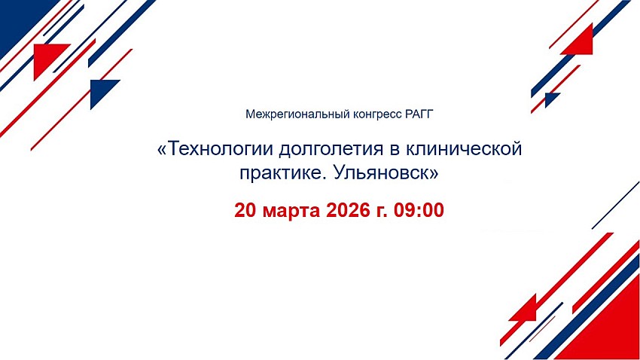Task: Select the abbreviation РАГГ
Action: tap(419, 114)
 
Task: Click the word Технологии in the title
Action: tap(221, 148)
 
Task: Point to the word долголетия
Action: tap(331, 150)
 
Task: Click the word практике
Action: tap(283, 173)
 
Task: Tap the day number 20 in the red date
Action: tap(245, 210)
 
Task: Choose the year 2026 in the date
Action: tap(346, 210)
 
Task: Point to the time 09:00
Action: tap(419, 210)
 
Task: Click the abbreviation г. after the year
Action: tap(380, 212)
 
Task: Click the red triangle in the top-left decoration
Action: tap(46, 56)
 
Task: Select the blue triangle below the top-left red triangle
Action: tap(100, 90)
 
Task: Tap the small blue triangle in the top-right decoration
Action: tap(550, 98)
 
